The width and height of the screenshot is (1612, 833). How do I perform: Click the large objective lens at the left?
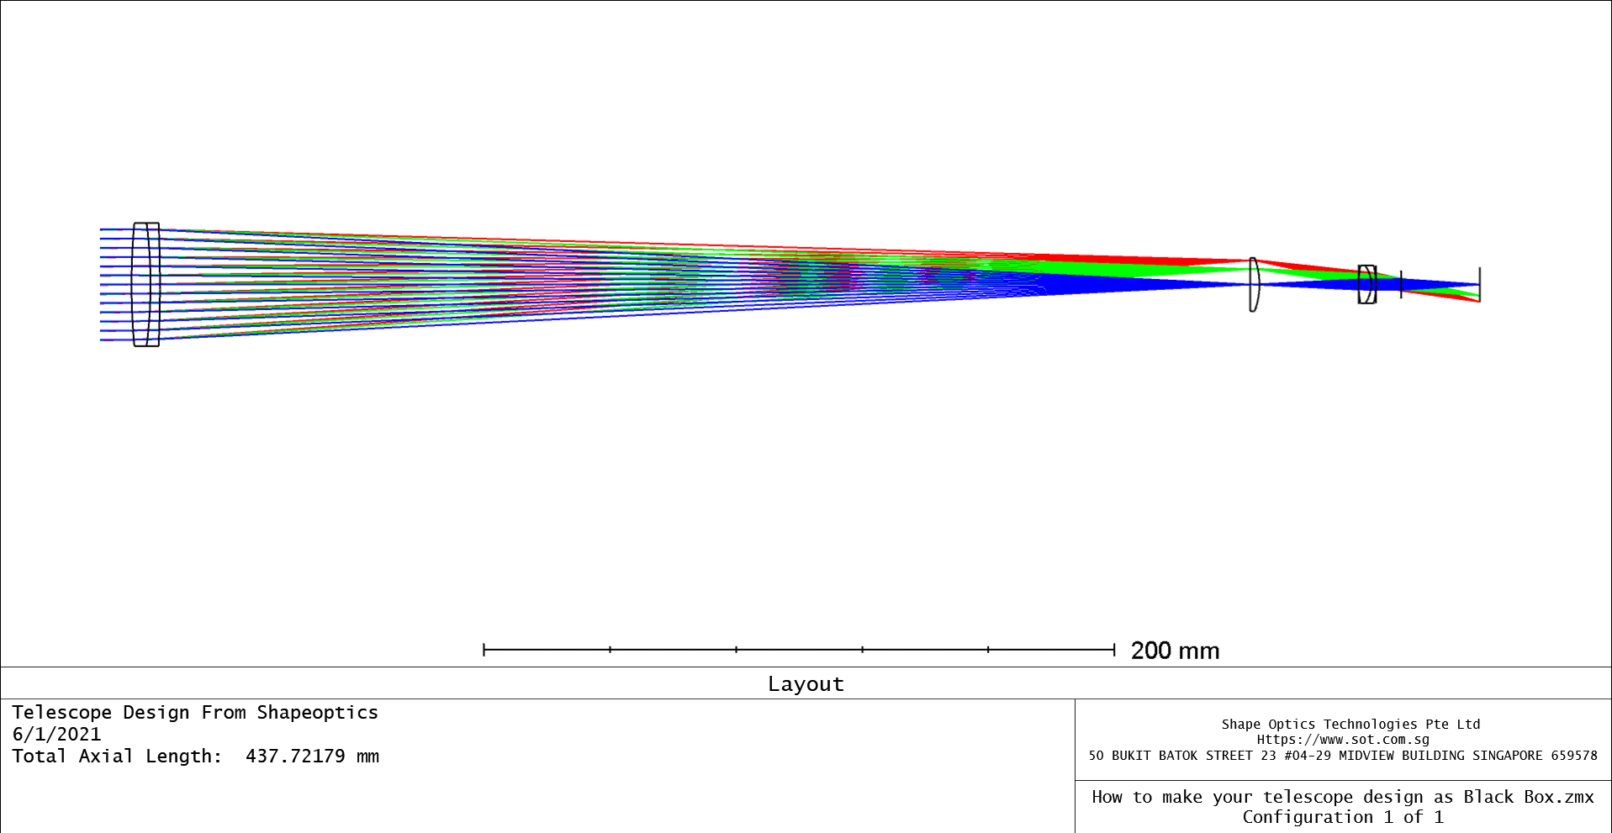pos(146,284)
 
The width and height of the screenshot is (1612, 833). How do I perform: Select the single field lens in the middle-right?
pos(1254,285)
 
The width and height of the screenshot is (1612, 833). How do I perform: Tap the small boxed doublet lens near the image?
pos(1367,284)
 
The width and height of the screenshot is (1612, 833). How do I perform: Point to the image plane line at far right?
pos(1480,284)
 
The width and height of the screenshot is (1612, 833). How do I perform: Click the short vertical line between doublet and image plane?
pos(1401,284)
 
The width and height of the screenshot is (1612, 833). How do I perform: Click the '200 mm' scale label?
pos(1175,651)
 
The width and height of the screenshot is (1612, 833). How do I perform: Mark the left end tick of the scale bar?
pos(484,649)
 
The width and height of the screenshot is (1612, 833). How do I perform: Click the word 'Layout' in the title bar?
pos(806,684)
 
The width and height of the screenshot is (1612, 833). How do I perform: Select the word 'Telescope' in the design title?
pos(61,713)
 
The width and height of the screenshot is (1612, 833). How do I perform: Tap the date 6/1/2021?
pos(56,734)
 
